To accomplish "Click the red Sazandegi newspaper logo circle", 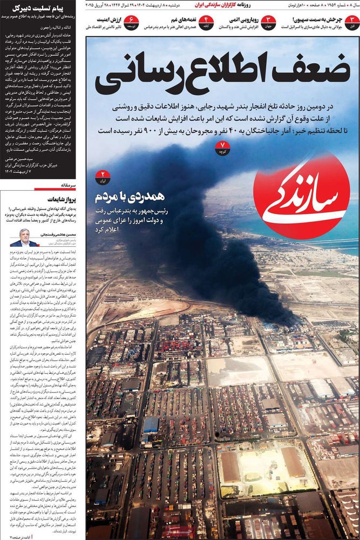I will [x=301, y=195].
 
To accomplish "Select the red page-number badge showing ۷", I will [x=222, y=147].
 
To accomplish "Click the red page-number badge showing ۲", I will [x=102, y=177].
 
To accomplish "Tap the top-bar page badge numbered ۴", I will [x=206, y=22].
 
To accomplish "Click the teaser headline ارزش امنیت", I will [x=105, y=19].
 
